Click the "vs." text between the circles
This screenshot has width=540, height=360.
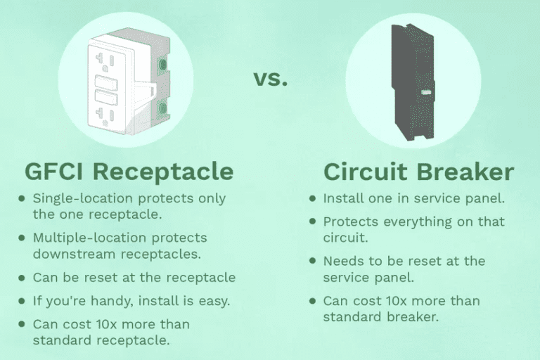click(x=270, y=79)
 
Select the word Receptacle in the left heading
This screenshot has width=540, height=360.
click(x=166, y=171)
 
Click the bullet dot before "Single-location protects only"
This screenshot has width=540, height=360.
click(x=22, y=199)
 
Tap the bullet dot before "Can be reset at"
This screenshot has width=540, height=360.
click(x=22, y=278)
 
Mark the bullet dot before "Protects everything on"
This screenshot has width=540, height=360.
click(x=312, y=221)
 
